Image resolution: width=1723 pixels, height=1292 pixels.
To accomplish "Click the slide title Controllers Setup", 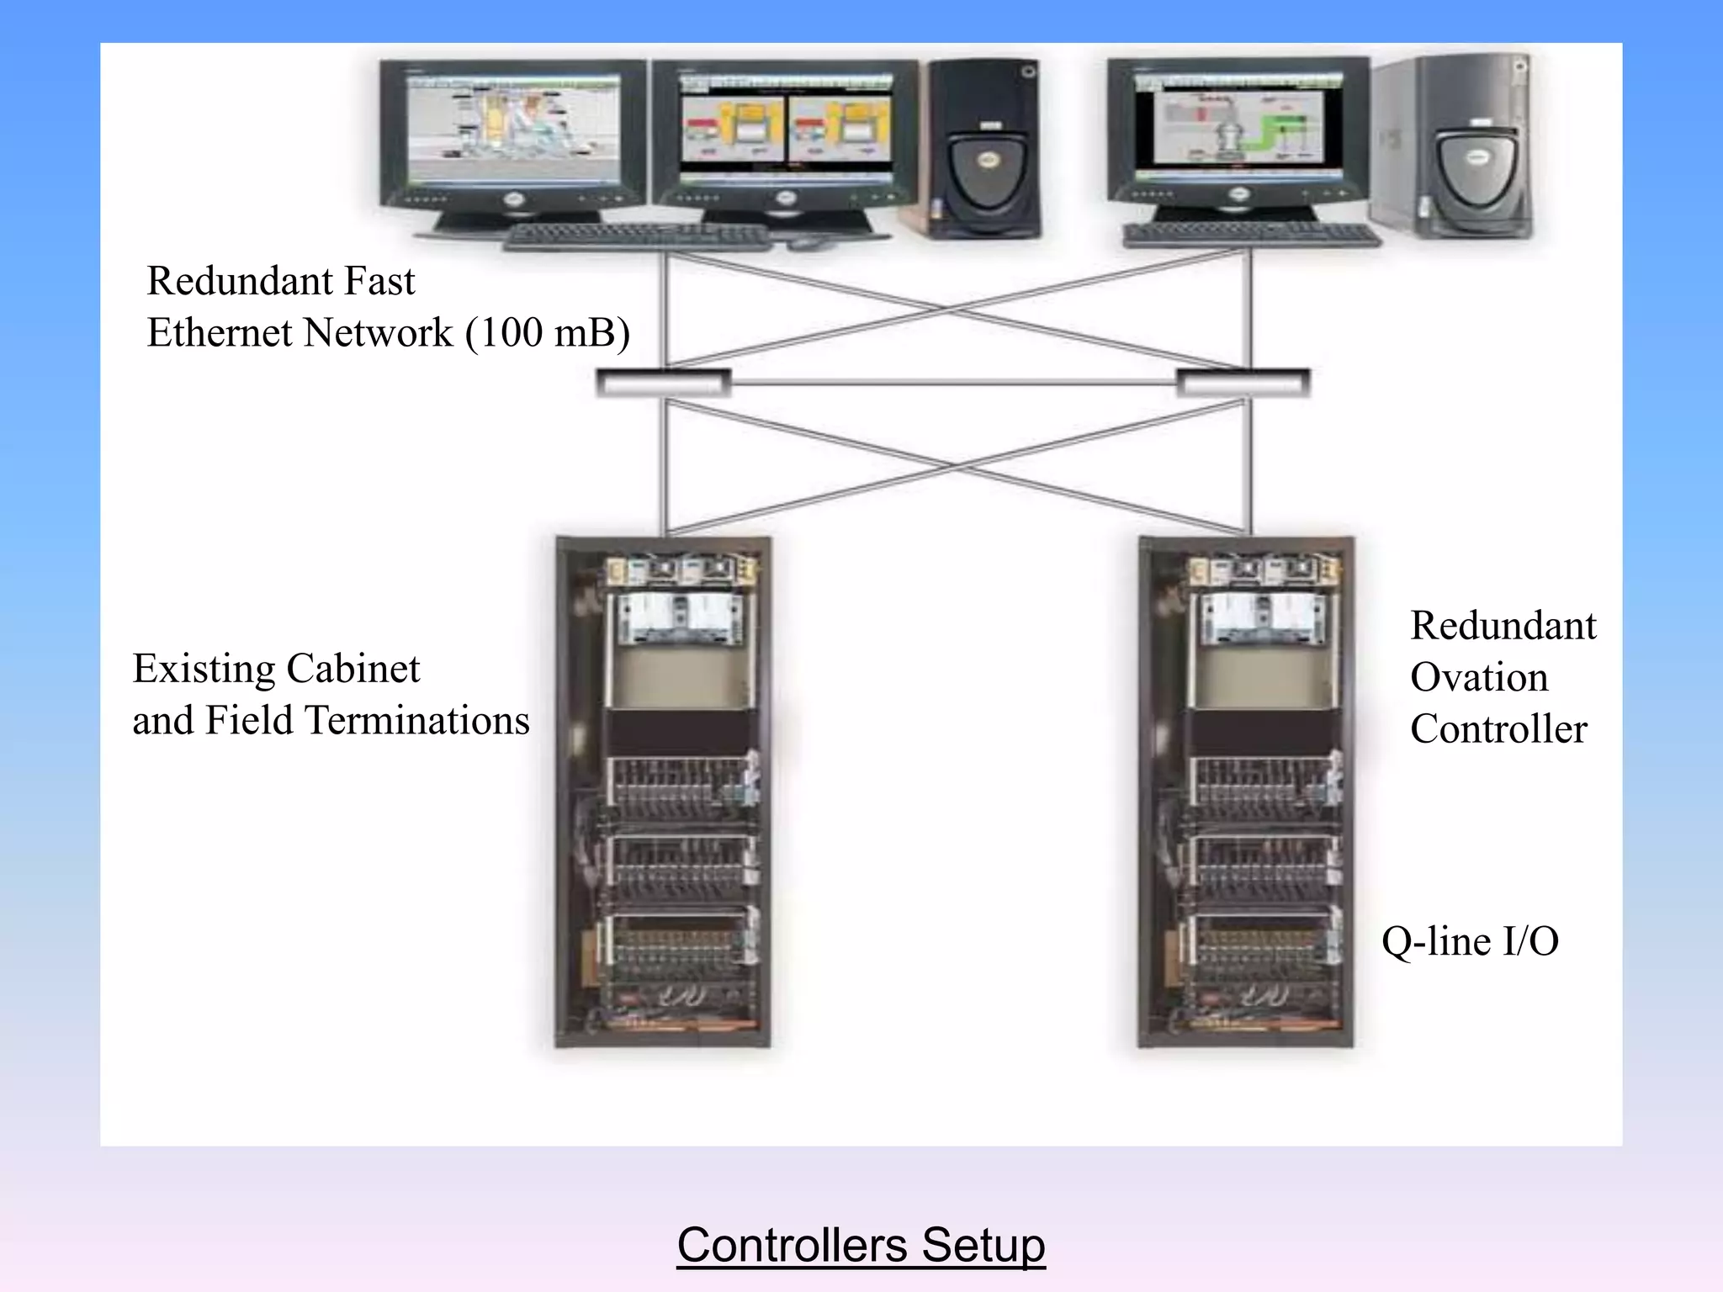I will click(861, 1246).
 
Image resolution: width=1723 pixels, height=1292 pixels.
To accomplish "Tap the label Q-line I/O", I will click(1470, 941).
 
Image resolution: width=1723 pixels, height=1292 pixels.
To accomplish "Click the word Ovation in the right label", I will click(1478, 677).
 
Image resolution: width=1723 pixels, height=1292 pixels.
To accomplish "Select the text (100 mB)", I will click(548, 333).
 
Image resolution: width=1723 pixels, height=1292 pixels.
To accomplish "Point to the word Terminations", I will click(417, 721).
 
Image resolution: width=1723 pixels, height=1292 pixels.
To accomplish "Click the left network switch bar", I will click(663, 383).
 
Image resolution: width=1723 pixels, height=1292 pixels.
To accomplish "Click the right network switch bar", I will click(1243, 383).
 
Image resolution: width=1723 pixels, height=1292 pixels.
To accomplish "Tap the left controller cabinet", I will click(663, 791).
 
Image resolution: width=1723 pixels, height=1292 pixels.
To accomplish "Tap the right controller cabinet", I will click(1246, 791).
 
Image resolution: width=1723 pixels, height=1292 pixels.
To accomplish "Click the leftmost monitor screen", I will click(514, 130).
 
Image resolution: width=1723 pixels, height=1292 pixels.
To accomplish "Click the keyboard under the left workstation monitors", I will click(637, 236).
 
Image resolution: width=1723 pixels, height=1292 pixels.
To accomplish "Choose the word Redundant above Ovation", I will click(1503, 626).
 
